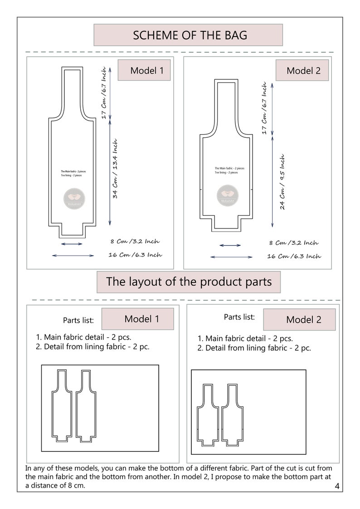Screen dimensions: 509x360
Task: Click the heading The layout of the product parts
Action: coord(189,281)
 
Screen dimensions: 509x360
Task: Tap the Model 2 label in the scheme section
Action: coord(303,71)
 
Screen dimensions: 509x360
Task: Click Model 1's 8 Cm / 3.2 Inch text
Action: coord(135,242)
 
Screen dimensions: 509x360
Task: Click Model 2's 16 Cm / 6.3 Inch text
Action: coord(294,256)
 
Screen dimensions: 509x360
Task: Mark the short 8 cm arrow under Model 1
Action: coord(72,244)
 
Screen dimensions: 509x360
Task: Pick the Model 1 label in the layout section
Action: coord(141,319)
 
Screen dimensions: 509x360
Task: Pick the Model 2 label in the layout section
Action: coord(303,320)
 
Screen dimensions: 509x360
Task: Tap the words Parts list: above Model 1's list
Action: coord(78,320)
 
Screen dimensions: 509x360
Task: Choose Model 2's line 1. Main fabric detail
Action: coord(245,339)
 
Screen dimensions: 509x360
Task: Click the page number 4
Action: coord(337,487)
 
